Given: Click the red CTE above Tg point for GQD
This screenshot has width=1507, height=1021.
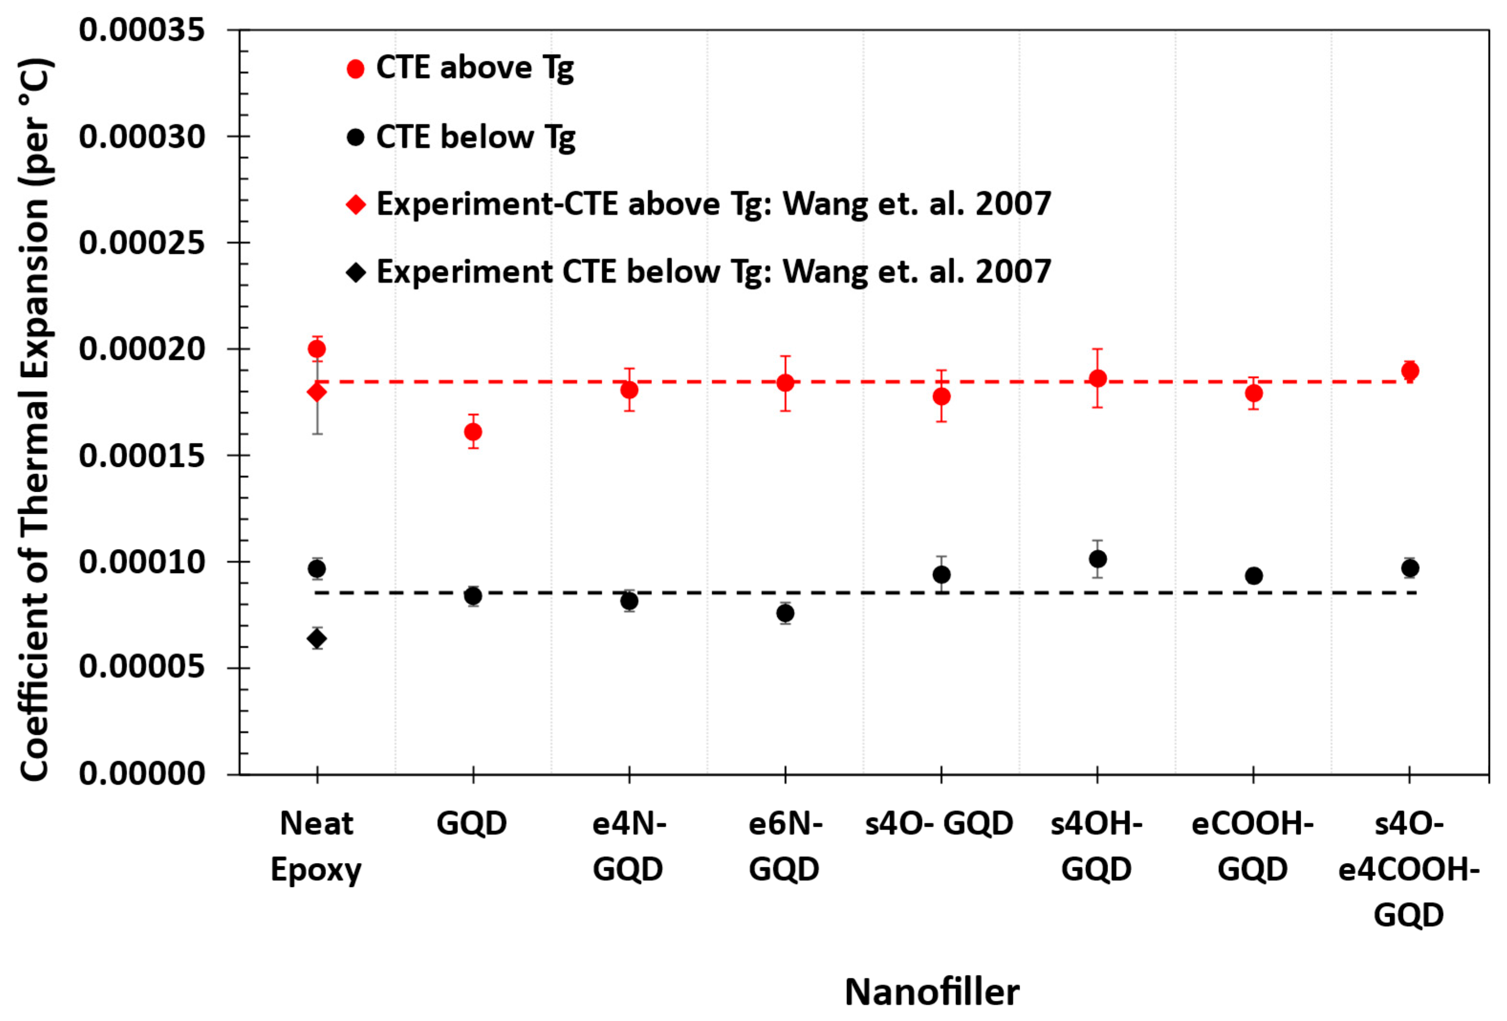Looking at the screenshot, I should pyautogui.click(x=473, y=431).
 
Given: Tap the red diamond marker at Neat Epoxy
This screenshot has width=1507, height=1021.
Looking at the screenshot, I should pyautogui.click(x=316, y=392).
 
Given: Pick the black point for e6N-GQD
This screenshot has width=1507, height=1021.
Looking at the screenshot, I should pyautogui.click(x=785, y=613).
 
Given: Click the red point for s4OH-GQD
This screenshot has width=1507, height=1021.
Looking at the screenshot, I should pyautogui.click(x=1097, y=378).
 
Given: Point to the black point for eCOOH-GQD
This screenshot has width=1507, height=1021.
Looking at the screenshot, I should pyautogui.click(x=1254, y=576).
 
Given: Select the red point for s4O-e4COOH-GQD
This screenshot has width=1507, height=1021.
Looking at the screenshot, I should pyautogui.click(x=1409, y=371).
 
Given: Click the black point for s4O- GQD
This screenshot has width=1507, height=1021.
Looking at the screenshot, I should pyautogui.click(x=942, y=575).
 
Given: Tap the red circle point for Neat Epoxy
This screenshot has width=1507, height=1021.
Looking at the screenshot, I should pyautogui.click(x=316, y=349).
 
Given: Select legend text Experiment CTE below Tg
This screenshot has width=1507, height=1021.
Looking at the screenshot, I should pyautogui.click(x=713, y=272).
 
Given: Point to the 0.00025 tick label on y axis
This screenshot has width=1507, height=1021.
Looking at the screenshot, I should pyautogui.click(x=142, y=243).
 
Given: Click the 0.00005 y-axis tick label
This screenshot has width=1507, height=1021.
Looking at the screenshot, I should pyautogui.click(x=142, y=667).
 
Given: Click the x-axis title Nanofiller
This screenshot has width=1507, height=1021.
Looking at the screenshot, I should pyautogui.click(x=932, y=992).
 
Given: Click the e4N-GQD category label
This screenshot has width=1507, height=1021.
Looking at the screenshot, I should pyautogui.click(x=629, y=846).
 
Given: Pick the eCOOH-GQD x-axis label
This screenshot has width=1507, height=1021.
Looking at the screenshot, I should pyautogui.click(x=1253, y=846).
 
